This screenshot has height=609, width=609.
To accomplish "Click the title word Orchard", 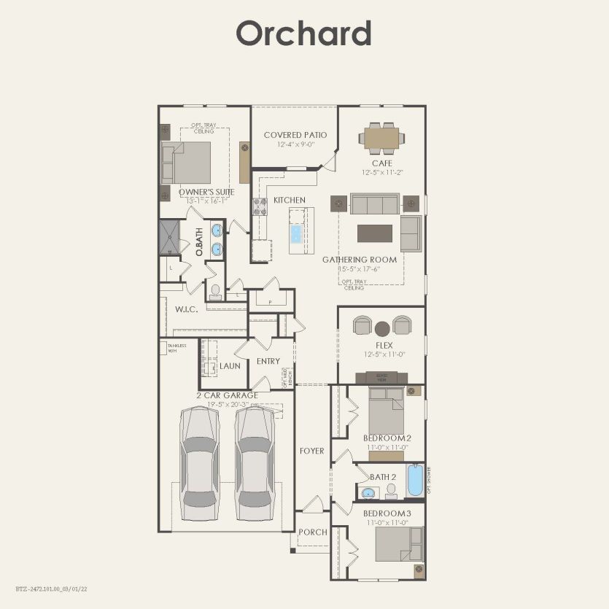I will [x=303, y=34].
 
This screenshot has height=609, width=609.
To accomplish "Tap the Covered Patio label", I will [x=295, y=135].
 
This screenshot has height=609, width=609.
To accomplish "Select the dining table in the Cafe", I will [x=381, y=137].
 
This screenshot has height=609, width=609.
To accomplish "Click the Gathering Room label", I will [x=360, y=260].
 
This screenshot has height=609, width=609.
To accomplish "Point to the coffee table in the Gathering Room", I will [x=375, y=233].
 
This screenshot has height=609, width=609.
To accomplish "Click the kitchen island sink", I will [x=295, y=234].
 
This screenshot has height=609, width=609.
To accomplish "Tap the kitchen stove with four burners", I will [x=260, y=207].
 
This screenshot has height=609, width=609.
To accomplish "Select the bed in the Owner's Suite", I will [x=187, y=162].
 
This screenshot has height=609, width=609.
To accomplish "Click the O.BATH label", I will [x=198, y=241].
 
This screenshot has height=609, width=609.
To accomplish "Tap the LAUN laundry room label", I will [x=230, y=365].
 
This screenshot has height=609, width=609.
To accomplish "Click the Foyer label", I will [x=311, y=451].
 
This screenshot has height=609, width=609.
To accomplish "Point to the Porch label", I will [x=314, y=532].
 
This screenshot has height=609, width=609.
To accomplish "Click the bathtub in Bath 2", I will [x=414, y=480].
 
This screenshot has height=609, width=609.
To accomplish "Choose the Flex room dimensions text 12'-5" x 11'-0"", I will [x=384, y=354].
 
